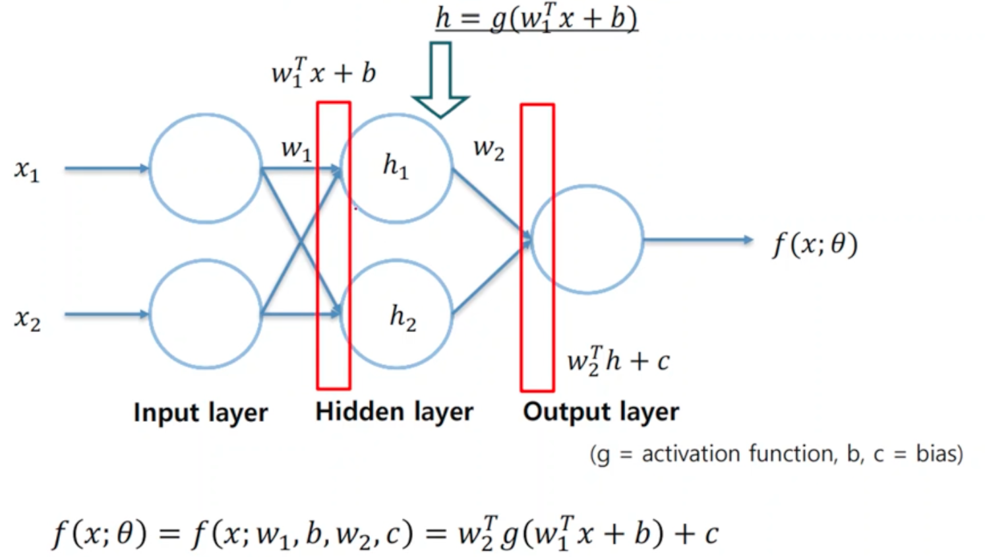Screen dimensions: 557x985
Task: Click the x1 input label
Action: (x=27, y=171)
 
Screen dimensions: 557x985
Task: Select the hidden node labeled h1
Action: (x=396, y=168)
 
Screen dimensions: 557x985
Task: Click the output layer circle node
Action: (x=587, y=240)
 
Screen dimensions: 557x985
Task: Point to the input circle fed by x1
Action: (x=206, y=168)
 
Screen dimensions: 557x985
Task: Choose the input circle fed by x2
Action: (x=206, y=314)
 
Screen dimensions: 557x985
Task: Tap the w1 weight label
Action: (x=296, y=149)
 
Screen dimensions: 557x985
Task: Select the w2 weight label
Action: (x=489, y=148)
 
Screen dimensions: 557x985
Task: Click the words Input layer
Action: (x=200, y=412)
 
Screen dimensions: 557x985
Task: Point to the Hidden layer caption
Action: (x=394, y=412)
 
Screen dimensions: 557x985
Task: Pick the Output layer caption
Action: (x=601, y=412)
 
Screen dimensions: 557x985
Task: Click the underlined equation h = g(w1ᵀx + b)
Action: (x=536, y=18)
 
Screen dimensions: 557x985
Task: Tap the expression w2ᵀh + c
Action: (x=618, y=360)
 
